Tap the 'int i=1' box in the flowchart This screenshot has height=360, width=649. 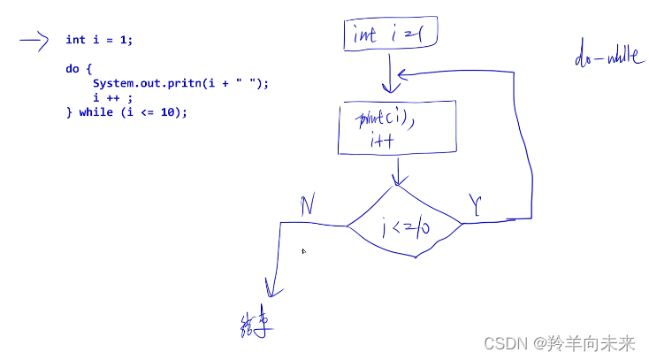click(x=391, y=34)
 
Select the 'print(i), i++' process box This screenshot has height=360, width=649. click(x=397, y=129)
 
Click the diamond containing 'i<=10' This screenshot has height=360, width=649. click(x=405, y=227)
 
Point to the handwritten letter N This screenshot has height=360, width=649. click(x=307, y=206)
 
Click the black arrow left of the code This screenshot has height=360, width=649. click(x=33, y=40)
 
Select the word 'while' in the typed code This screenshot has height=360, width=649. click(x=95, y=112)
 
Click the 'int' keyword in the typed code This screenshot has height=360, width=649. click(x=75, y=40)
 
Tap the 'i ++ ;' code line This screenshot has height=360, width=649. click(x=112, y=97)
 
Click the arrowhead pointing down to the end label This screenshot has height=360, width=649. click(x=270, y=291)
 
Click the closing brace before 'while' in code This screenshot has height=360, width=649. click(x=68, y=112)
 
